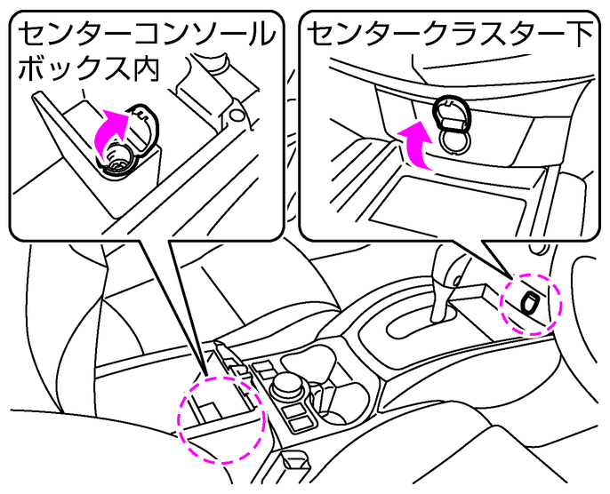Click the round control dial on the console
point(287,383)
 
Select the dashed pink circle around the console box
point(222,418)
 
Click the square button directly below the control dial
point(294,416)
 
